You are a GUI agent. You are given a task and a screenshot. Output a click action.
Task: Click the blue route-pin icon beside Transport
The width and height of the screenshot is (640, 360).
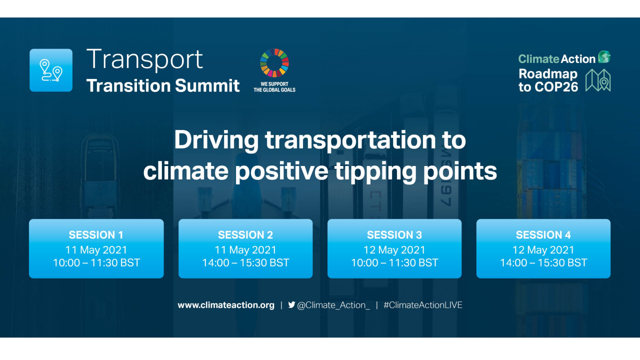[51, 70]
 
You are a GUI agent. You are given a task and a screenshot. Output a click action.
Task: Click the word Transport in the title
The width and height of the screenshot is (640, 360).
[144, 59]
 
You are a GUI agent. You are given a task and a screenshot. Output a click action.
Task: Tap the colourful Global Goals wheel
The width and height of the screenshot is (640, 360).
[274, 63]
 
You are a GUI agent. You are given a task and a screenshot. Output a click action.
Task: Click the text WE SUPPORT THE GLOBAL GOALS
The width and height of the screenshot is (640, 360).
[274, 86]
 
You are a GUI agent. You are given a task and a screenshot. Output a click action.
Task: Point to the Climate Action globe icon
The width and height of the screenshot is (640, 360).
[604, 57]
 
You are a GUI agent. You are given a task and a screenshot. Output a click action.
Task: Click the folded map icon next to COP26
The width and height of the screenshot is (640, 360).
[598, 80]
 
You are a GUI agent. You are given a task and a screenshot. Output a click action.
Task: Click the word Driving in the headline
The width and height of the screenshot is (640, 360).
[216, 140]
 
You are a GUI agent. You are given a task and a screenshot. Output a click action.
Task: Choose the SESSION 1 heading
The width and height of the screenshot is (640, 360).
[96, 235]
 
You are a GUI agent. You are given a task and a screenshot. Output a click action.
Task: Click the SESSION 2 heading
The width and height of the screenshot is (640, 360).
[245, 235]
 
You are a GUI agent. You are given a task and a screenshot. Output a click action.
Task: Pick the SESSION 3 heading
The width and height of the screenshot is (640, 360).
[394, 235]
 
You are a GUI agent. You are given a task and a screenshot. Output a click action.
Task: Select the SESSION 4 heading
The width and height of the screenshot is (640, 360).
[543, 235]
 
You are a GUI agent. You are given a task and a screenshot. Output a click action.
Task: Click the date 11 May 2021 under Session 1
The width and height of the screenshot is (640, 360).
[96, 249]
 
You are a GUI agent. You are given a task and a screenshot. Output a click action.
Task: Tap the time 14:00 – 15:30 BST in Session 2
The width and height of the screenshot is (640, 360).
[245, 262]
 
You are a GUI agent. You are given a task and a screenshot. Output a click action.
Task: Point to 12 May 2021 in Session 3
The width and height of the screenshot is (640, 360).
[394, 249]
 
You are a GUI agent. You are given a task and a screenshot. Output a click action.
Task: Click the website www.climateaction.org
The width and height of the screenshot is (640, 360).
[226, 305]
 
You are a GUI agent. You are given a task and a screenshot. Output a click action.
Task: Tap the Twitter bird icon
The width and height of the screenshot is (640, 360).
[291, 304]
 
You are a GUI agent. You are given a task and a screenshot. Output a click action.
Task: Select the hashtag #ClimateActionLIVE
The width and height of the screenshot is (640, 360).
[422, 305]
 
